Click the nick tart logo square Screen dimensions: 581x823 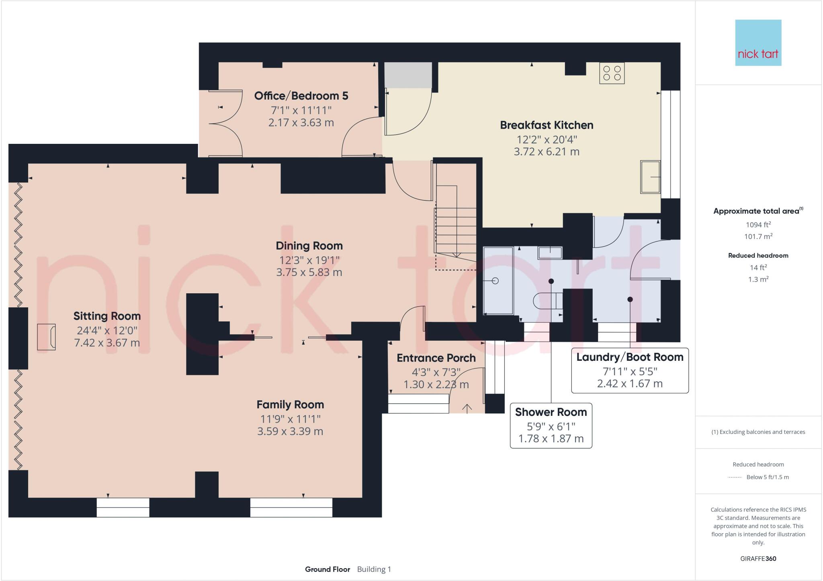point(758,43)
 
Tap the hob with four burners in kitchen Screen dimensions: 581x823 point(612,73)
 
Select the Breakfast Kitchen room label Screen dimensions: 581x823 point(546,125)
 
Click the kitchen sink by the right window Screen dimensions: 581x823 point(650,177)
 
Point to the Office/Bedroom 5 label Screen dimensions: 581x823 point(301,96)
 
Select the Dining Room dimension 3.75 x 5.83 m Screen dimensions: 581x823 point(309,272)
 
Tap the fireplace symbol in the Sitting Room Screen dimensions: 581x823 point(46,337)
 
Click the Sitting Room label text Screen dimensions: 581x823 point(107,316)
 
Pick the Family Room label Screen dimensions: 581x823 point(290,405)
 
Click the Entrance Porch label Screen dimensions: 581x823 point(436,358)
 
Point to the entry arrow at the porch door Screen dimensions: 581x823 point(467,408)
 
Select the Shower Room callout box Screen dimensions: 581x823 point(551,425)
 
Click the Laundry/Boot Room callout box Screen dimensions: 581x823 point(630,370)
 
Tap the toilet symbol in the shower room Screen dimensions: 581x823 point(547,300)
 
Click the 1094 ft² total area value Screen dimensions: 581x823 point(758,225)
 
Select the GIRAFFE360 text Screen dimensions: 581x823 point(758,558)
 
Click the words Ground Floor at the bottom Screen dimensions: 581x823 point(327,569)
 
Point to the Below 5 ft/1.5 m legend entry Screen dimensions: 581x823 point(767,477)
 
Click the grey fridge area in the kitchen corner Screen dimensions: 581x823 point(408,75)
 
